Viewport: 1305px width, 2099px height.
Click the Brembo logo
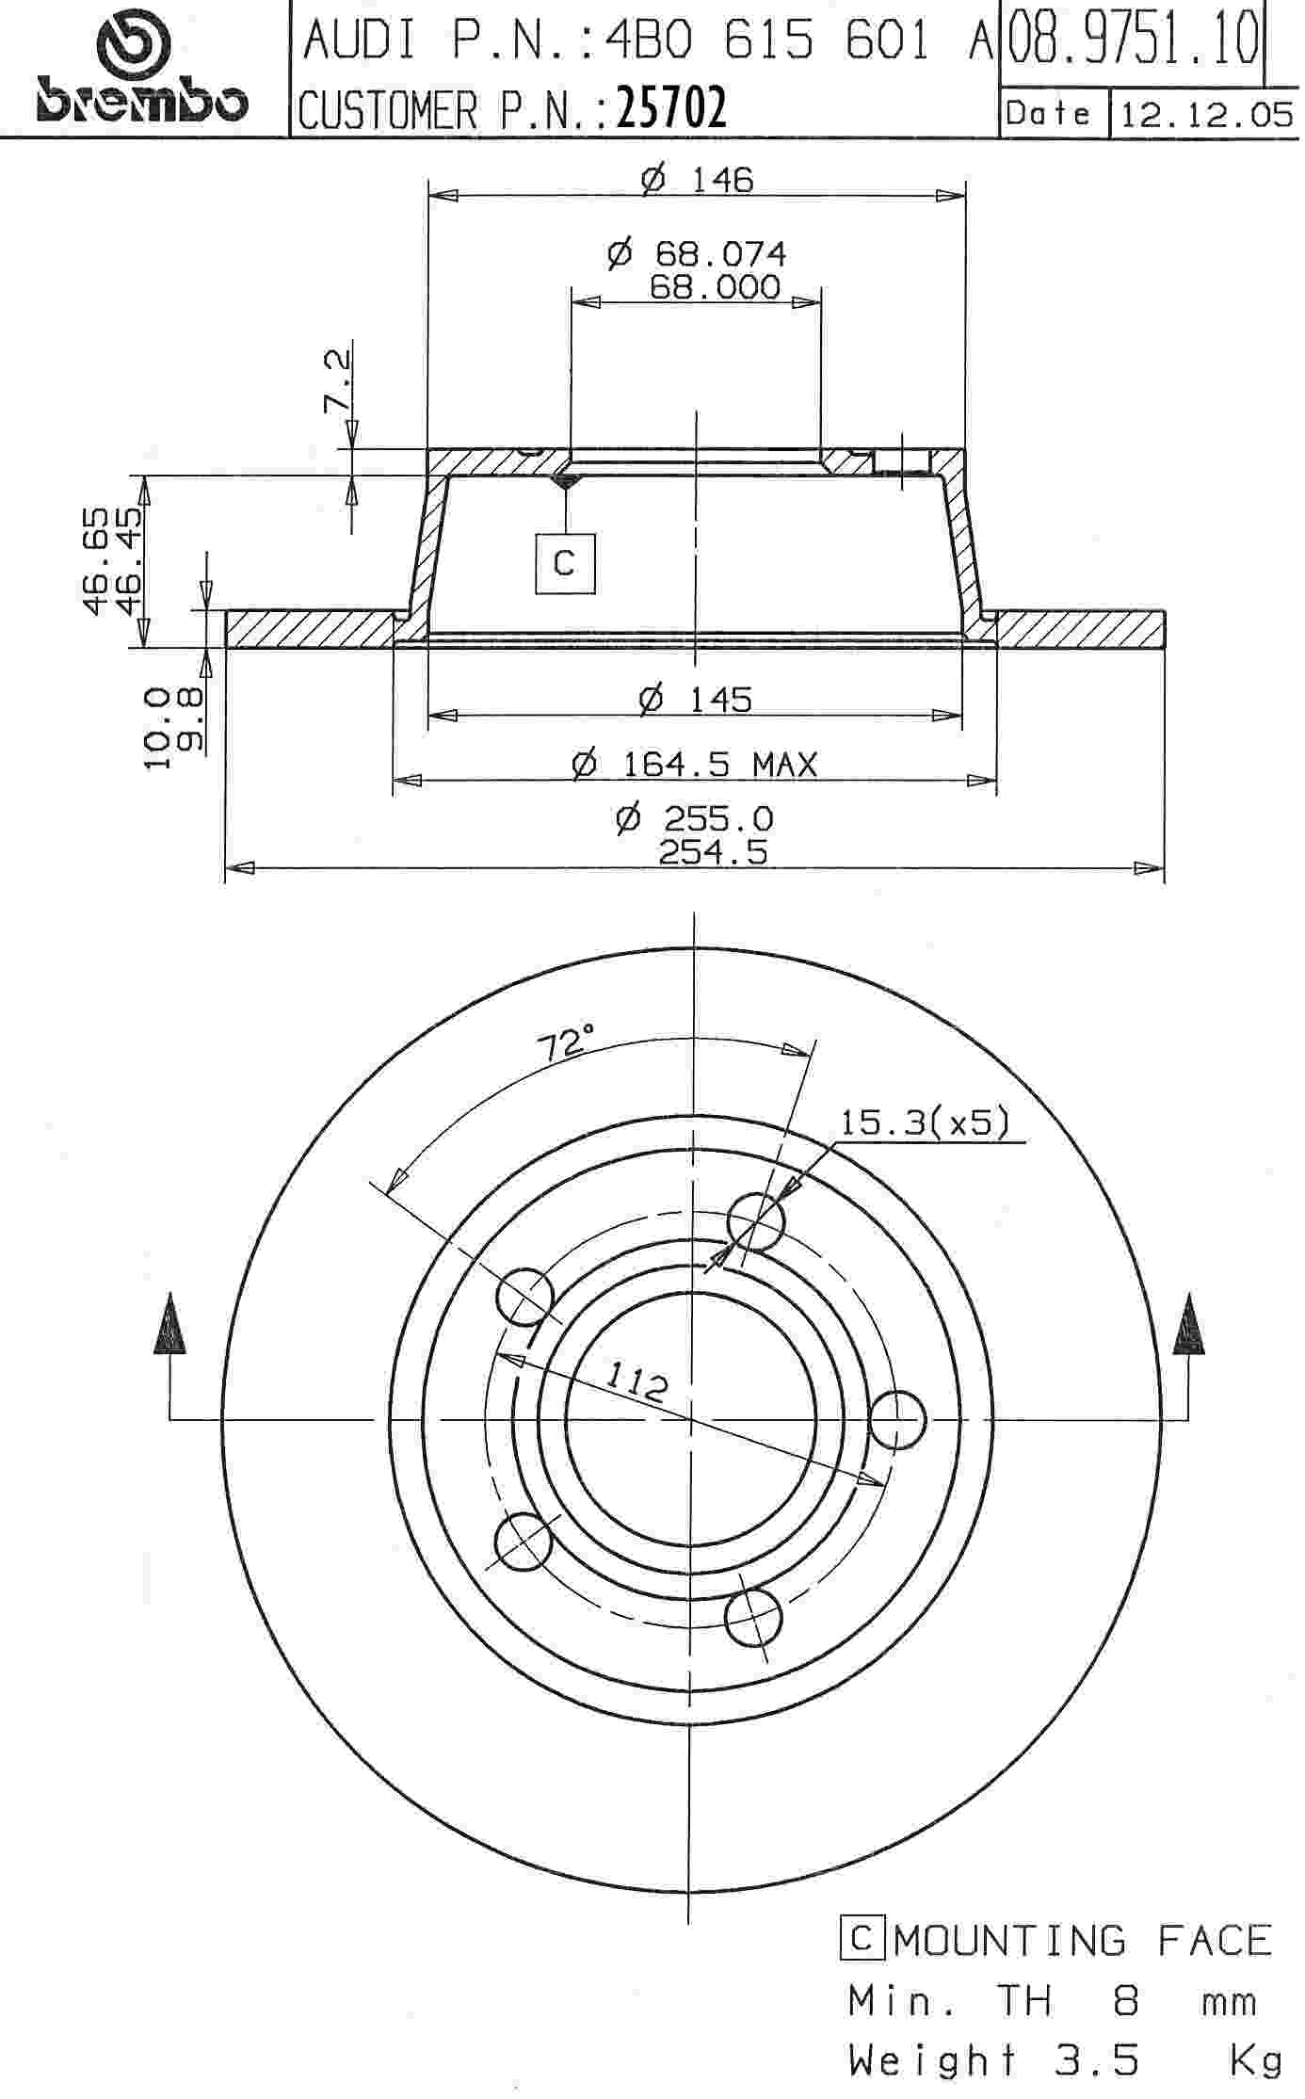coord(141,71)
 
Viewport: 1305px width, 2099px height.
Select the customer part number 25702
coord(671,109)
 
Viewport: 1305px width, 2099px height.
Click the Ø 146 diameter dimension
coord(698,179)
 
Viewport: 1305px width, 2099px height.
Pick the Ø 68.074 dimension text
coord(697,253)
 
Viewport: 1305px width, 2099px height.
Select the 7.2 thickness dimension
coord(337,381)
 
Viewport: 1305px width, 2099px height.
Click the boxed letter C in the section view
coord(565,563)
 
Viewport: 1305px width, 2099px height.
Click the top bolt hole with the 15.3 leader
coord(756,1221)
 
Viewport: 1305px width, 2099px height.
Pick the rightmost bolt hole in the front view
coord(896,1419)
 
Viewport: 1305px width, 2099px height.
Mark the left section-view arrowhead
coord(169,1326)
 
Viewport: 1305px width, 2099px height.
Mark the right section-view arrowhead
coord(1188,1326)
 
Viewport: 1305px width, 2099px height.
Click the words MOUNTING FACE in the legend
coord(1083,1942)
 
